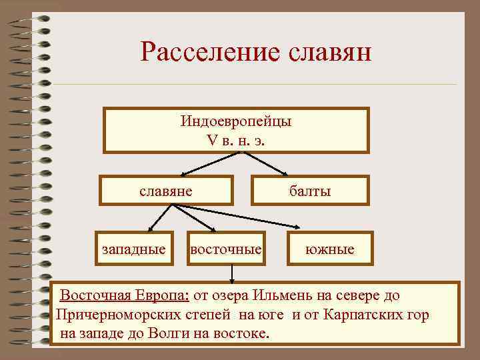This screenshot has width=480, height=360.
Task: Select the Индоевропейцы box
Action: [236, 130]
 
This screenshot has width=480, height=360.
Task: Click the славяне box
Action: [166, 191]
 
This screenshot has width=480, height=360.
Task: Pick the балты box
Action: [310, 191]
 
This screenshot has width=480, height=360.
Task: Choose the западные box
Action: [133, 249]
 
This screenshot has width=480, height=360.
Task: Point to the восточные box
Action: [225, 249]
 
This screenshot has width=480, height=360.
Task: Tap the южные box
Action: [330, 249]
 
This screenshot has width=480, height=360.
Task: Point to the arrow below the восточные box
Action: [231, 272]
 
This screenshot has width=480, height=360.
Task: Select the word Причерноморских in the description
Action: [109, 314]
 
